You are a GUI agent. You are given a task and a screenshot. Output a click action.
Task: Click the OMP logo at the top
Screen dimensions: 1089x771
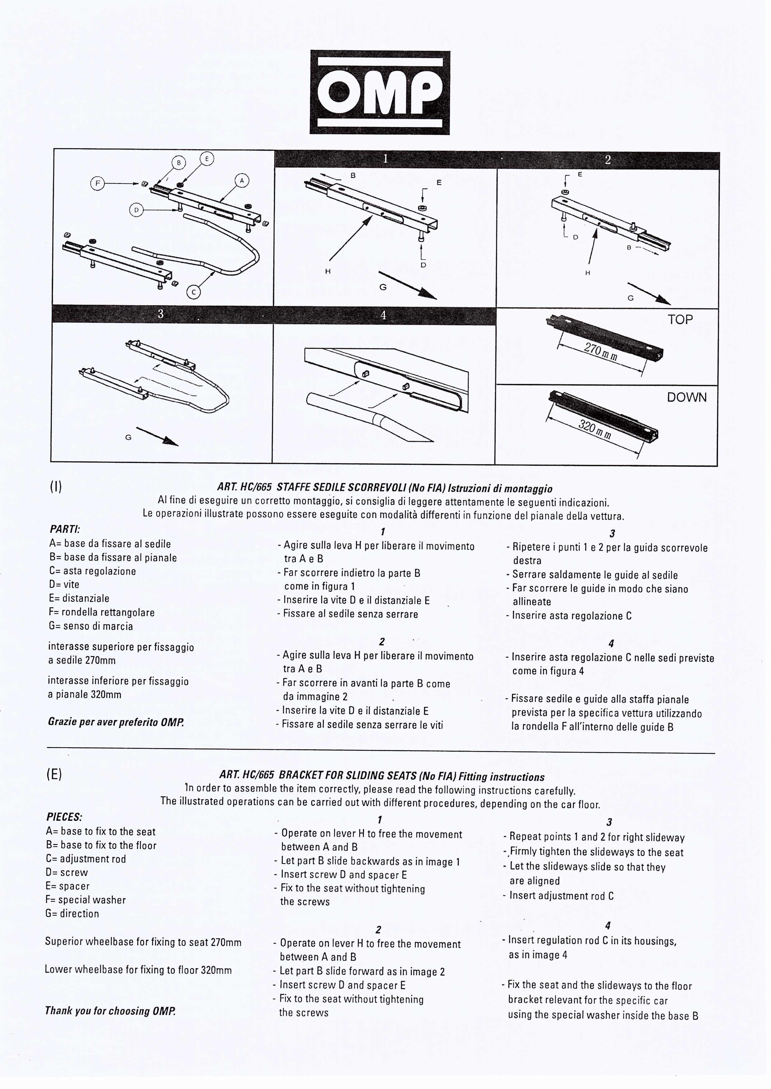click(x=380, y=92)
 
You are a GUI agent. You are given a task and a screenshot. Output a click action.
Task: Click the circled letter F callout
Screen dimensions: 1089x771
click(x=98, y=184)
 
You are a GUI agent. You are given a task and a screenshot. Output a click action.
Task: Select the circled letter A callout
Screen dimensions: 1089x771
click(x=242, y=181)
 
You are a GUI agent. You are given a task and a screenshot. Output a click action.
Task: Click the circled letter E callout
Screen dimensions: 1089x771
click(x=207, y=159)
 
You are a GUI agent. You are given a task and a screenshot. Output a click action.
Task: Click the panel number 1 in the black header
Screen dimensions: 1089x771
click(x=386, y=159)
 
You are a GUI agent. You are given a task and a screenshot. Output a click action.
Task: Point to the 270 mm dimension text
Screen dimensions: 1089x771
click(x=600, y=352)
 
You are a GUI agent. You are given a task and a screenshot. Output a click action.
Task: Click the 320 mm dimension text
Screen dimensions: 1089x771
click(x=594, y=430)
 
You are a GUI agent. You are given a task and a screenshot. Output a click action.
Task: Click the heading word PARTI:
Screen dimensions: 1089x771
click(x=65, y=529)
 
